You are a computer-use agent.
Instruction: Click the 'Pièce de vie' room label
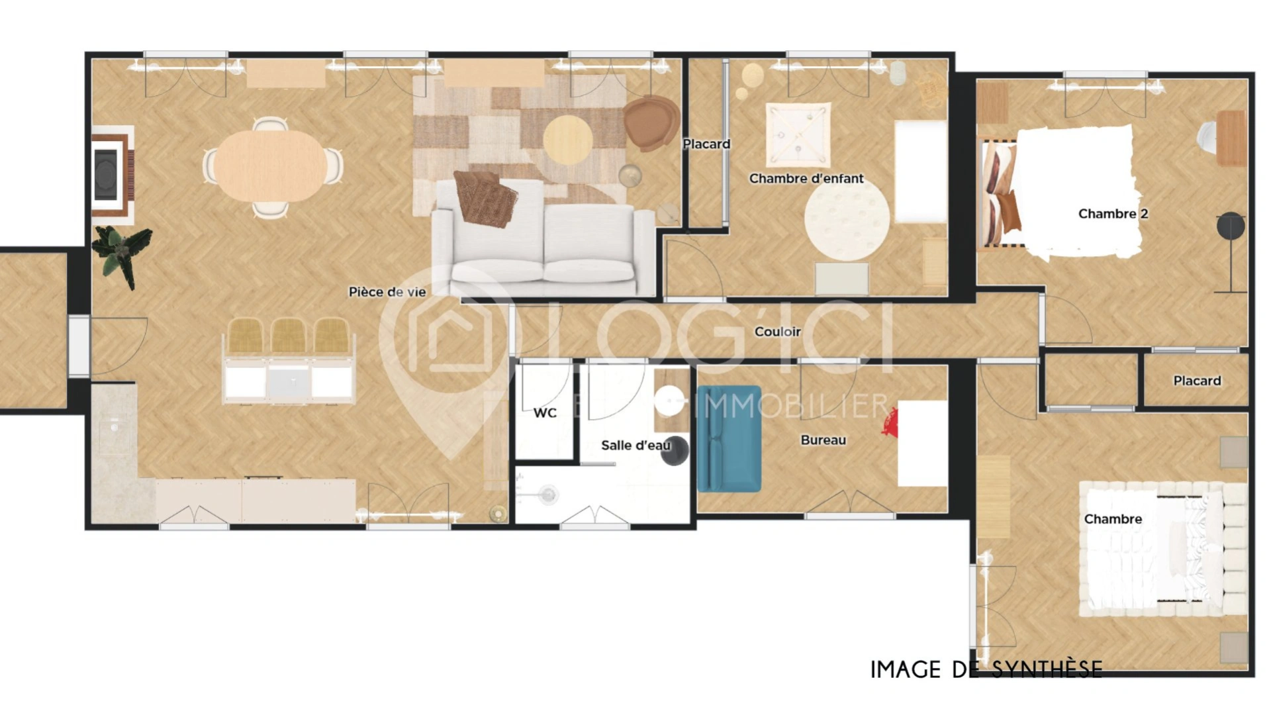[x=387, y=292]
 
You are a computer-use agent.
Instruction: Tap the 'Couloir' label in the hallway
[x=777, y=332]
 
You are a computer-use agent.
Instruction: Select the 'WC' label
[x=545, y=413]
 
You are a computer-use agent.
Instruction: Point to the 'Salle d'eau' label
[x=635, y=446]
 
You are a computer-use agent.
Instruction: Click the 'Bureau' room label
[x=823, y=440]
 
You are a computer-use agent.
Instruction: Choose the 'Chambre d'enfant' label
[x=806, y=179]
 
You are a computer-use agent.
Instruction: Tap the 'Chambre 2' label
[x=1113, y=214]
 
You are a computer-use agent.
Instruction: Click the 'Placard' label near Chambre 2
[x=1196, y=381]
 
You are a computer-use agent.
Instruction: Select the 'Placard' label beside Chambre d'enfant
[x=706, y=144]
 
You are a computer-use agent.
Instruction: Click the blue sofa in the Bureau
[x=728, y=439]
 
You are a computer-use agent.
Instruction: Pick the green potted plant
[x=122, y=253]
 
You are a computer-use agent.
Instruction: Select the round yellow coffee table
[x=567, y=140]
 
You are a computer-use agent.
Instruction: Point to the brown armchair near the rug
[x=650, y=122]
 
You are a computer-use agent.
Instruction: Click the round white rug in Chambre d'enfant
[x=847, y=220]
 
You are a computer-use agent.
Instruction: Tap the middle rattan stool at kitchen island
[x=288, y=336]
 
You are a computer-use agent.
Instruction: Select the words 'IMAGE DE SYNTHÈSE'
[x=986, y=670]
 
